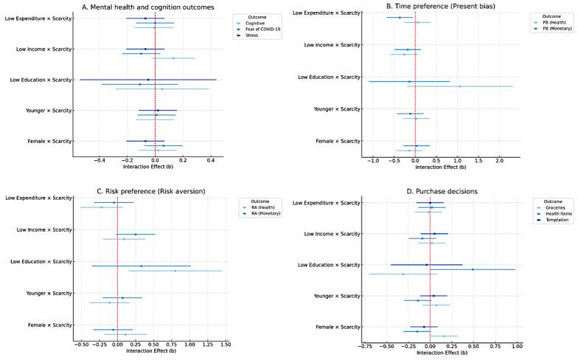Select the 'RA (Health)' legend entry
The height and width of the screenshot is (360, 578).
261,207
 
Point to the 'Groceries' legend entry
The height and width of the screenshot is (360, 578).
552,207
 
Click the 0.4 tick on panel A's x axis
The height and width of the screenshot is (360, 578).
210,159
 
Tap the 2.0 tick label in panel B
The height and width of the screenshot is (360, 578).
499,159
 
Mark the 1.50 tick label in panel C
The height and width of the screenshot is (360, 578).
226,344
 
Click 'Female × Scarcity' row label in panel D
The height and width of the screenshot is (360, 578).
335,327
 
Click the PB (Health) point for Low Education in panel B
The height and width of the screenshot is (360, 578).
459,86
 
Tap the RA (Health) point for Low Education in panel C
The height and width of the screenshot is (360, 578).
175,271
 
